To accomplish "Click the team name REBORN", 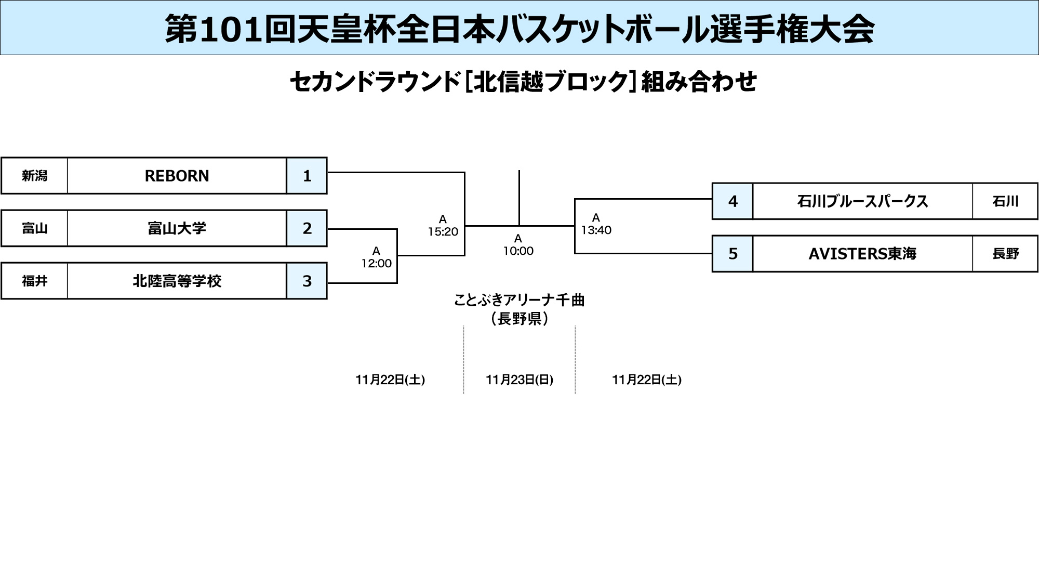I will coord(177,176).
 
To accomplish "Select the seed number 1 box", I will coord(307,176).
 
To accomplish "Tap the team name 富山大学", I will coord(177,228).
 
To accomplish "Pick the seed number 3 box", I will coord(307,281).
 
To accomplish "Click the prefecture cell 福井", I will coord(34,281).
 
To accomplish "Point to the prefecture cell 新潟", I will coord(34,176).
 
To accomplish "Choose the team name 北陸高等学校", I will coord(177,281).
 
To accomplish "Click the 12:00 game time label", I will coord(376,263).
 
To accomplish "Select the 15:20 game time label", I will coord(443,231).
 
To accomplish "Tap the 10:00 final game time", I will coord(518,251).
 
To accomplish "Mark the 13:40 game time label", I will coord(596,230).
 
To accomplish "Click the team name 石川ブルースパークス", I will coord(862,201).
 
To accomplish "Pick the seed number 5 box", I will coord(732,254).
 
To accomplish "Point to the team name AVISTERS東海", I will coord(862,254).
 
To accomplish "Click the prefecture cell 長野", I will coord(1005,254).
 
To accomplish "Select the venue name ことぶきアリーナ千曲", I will coord(519,300).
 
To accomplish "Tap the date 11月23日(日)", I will coord(519,380).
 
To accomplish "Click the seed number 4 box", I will coord(732,201).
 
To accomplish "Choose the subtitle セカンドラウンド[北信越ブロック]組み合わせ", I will coord(523,82).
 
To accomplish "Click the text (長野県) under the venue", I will coord(519,318).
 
